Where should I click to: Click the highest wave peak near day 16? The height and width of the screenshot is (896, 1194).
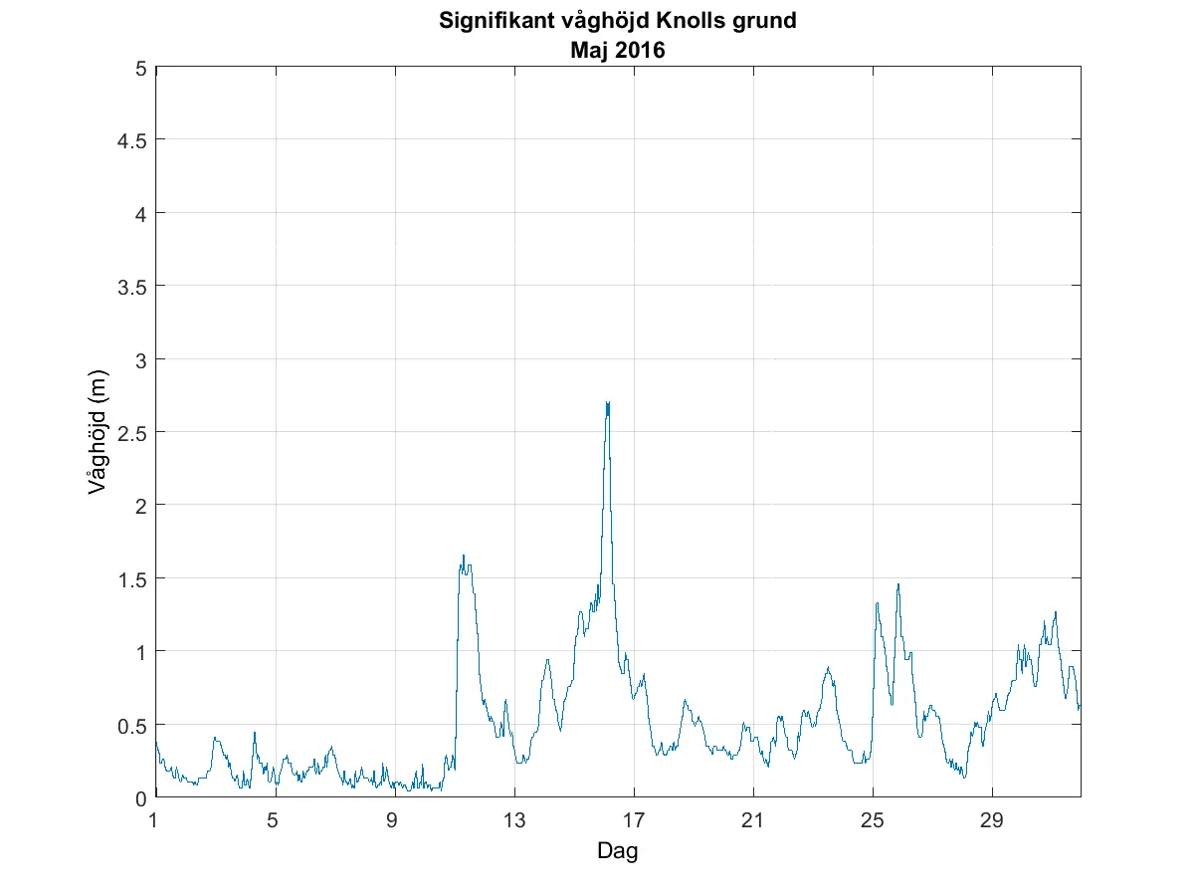607,403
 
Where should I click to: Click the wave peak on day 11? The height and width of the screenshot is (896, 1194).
463,557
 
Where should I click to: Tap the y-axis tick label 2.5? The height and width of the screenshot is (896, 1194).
131,432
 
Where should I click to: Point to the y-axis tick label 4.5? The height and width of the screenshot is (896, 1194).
131,140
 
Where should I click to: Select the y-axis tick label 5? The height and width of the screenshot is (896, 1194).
141,68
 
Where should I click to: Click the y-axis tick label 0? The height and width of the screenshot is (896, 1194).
141,797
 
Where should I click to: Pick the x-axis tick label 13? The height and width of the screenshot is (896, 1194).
514,821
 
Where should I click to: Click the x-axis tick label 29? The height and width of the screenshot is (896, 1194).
992,821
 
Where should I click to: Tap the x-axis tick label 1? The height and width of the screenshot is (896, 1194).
155,821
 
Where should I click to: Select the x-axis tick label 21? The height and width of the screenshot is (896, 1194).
753,821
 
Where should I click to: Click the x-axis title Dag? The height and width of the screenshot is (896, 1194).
617,851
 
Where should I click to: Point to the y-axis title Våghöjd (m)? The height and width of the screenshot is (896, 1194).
97,433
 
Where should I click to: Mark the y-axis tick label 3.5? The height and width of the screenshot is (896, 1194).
131,287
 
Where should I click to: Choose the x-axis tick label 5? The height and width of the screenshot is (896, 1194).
275,821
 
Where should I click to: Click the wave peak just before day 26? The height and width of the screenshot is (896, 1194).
897,585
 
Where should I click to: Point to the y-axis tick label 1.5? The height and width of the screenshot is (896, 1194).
131,578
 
